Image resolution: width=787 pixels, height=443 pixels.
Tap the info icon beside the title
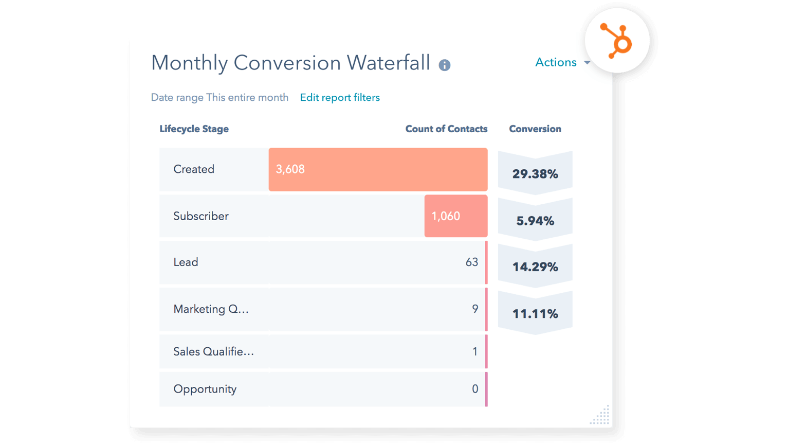coord(444,65)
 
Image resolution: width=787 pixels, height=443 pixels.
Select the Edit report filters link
coord(340,98)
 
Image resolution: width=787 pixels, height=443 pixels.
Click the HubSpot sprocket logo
coord(617,41)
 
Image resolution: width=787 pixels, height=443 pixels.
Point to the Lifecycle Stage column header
coord(194,129)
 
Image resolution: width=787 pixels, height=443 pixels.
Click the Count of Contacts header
coord(446,129)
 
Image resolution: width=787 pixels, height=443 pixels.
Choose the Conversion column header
coord(535,129)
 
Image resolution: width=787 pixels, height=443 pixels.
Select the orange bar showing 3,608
coord(378,169)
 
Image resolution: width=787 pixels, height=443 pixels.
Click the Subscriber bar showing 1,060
coord(455,216)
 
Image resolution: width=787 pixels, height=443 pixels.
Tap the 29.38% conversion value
coord(535,174)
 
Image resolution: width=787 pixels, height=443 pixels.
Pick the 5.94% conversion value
coord(535,221)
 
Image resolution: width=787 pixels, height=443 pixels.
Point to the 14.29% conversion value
coord(535,267)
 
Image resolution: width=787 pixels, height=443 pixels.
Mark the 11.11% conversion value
coord(535,314)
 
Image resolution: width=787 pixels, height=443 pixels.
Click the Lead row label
coord(186,262)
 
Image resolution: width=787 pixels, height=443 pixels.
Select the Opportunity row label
coord(205,389)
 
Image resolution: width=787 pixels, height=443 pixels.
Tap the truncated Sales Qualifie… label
coord(213,352)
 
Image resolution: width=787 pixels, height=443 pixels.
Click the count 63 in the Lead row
coord(471,262)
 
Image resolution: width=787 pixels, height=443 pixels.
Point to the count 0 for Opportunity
coord(475,389)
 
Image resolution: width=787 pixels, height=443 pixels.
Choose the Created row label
coord(194,169)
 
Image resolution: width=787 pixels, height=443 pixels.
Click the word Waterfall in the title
coord(388,63)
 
